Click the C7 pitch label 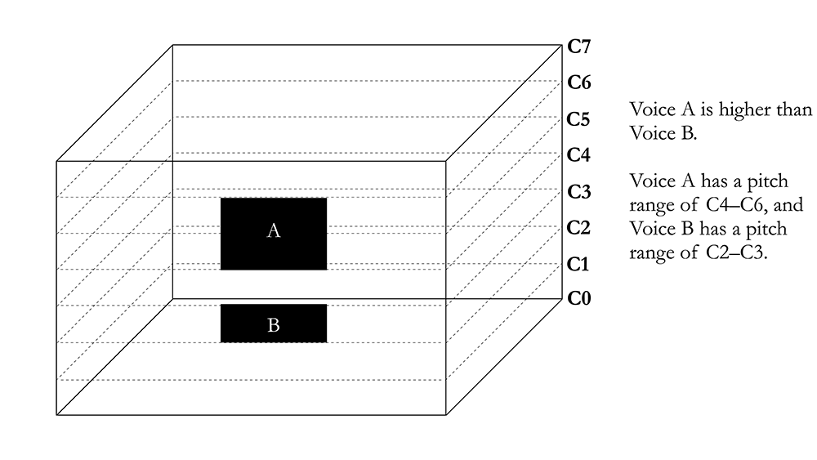[x=579, y=47]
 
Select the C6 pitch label [x=579, y=83]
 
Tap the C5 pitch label [x=578, y=119]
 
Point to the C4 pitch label [x=578, y=154]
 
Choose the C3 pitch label [x=579, y=192]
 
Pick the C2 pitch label [x=578, y=228]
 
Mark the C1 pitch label [x=578, y=264]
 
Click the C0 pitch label [x=579, y=298]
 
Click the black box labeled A [x=274, y=234]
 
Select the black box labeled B [x=274, y=324]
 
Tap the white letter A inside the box [x=274, y=230]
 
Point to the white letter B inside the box [x=274, y=325]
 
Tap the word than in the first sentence [x=794, y=109]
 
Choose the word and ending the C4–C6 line [x=788, y=205]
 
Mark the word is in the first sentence [x=707, y=109]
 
